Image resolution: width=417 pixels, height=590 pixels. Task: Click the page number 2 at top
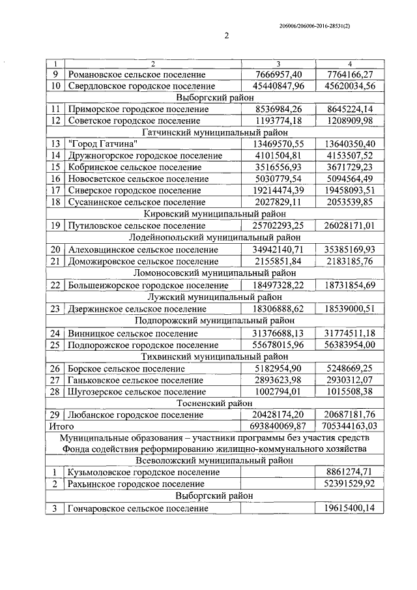pos(227,37)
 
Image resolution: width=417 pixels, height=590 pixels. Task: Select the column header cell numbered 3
pos(278,64)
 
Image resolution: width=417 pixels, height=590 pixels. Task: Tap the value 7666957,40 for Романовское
pos(278,74)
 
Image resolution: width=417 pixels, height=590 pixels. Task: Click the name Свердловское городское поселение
pos(141,86)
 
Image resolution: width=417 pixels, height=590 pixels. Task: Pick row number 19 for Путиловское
pos(55,225)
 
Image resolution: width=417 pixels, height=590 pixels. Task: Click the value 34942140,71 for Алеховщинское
pos(278,248)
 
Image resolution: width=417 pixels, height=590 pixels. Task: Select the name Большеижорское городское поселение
pos(147,285)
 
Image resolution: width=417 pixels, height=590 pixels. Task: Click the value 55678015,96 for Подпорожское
pos(278,344)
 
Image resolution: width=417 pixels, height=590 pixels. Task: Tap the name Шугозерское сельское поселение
pos(136,391)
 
